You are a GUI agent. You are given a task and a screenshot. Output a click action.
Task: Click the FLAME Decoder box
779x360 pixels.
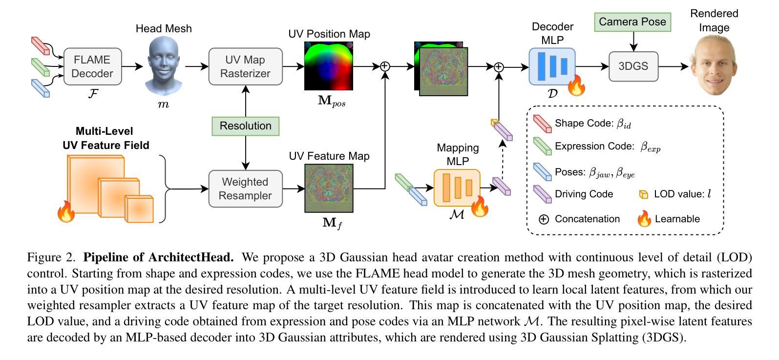point(92,66)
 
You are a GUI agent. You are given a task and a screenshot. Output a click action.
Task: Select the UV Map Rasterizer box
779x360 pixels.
point(245,66)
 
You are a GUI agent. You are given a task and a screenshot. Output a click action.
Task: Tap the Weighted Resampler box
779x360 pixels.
point(245,189)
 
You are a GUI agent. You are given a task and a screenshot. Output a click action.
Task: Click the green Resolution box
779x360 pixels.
point(245,126)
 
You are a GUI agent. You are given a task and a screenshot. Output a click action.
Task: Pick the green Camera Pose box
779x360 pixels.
point(632,22)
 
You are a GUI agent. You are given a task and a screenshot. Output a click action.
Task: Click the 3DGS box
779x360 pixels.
point(633,66)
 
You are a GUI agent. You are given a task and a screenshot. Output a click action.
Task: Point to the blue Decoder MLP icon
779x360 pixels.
point(552,66)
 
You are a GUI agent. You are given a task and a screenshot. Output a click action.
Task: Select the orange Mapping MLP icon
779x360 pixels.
point(457,188)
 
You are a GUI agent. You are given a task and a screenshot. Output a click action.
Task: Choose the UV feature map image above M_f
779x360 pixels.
point(329,188)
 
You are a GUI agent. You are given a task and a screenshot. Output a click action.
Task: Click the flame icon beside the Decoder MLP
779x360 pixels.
point(576,86)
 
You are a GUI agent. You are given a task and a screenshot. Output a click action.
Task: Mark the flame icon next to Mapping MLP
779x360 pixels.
point(480,207)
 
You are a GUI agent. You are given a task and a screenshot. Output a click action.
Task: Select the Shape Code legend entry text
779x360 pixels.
point(592,124)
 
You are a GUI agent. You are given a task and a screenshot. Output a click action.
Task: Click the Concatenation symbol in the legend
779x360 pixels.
point(544,219)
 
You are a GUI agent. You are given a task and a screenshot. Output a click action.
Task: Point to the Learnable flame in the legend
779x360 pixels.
point(644,219)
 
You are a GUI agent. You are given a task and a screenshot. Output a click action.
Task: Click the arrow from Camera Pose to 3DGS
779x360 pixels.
point(633,42)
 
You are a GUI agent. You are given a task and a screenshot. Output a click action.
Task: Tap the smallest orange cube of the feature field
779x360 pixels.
point(139,209)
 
